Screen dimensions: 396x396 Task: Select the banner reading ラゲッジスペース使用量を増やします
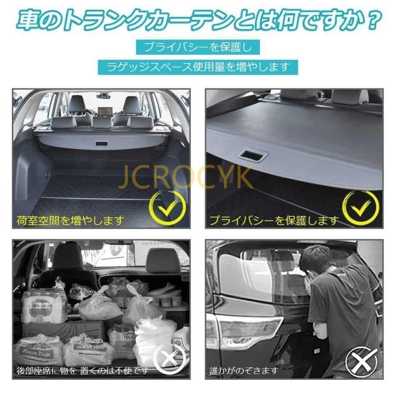coord(198,67)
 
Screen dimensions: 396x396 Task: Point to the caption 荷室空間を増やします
coord(70,220)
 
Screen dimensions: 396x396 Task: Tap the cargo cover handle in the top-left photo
coord(102,144)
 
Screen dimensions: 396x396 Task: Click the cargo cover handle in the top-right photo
coord(253,155)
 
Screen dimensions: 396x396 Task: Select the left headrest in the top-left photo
coord(77,104)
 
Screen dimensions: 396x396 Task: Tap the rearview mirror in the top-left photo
coord(103,95)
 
